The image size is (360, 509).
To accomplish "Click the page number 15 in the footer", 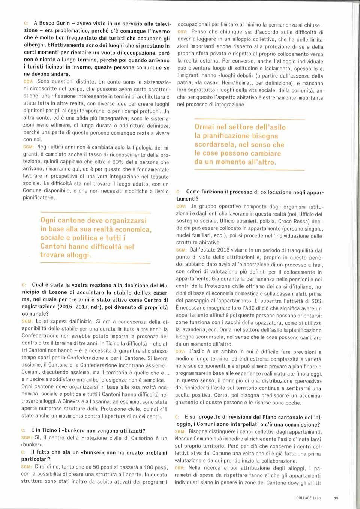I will pyautogui.click(x=336, y=498).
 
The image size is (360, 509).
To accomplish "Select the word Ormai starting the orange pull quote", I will pyautogui.click(x=204, y=127).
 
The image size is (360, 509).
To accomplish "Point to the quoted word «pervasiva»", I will pyautogui.click(x=304, y=381).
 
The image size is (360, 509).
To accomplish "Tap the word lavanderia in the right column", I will pyautogui.click(x=190, y=330).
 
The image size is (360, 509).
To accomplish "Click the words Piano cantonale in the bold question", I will pyautogui.click(x=274, y=417).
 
